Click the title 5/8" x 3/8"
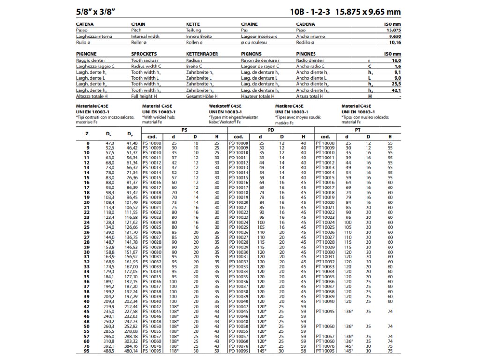pyautogui.click(x=98, y=12)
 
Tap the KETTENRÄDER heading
pyautogui.click(x=202, y=54)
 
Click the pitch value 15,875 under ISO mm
pyautogui.click(x=393, y=30)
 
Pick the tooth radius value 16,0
pyautogui.click(x=396, y=60)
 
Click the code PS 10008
pyautogui.click(x=152, y=142)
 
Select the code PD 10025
pyautogui.click(x=238, y=227)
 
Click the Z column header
pyautogui.click(x=87, y=133)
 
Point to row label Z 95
pyautogui.click(x=87, y=351)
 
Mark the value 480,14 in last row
pyautogui.click(x=131, y=351)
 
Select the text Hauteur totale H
pyautogui.click(x=257, y=96)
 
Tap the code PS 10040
pyautogui.click(x=152, y=302)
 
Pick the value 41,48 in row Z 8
pyautogui.click(x=132, y=142)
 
